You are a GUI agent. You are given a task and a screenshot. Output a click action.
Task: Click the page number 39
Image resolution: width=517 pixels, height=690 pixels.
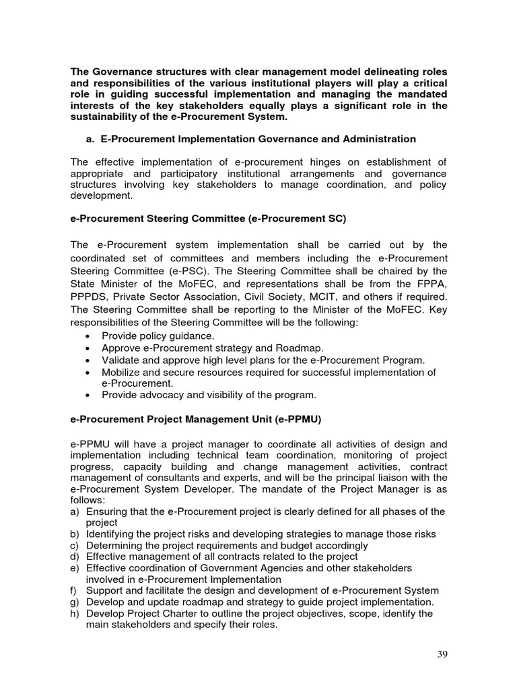click(x=440, y=654)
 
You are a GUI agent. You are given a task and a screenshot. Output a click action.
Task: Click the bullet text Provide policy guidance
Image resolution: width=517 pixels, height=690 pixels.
click(x=158, y=336)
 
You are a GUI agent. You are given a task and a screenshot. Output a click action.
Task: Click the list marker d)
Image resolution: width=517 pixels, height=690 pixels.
click(x=75, y=557)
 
